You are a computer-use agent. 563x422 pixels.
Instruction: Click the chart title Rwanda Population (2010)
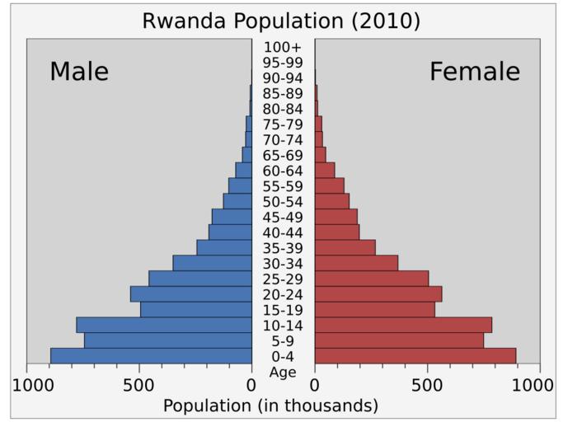pyautogui.click(x=281, y=21)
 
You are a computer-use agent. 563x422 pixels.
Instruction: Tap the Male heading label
pyautogui.click(x=79, y=72)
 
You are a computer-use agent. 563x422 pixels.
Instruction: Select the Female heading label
pyautogui.click(x=475, y=72)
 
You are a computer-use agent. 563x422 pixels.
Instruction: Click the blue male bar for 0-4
pyautogui.click(x=151, y=356)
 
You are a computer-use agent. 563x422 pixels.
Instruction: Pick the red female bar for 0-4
pyautogui.click(x=415, y=356)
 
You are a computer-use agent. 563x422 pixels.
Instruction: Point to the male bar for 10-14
pyautogui.click(x=164, y=325)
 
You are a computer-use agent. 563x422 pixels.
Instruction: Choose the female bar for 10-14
pyautogui.click(x=403, y=325)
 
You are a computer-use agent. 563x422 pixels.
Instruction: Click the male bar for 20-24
pyautogui.click(x=191, y=294)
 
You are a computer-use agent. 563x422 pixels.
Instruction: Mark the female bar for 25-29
pyautogui.click(x=371, y=279)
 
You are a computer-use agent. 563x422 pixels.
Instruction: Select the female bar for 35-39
pyautogui.click(x=345, y=247)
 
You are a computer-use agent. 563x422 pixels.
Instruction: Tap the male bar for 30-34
pyautogui.click(x=213, y=263)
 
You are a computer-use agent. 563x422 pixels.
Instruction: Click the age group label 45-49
pyautogui.click(x=283, y=217)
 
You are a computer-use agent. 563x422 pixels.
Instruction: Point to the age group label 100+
pyautogui.click(x=283, y=47)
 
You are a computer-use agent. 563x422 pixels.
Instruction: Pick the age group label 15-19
pyautogui.click(x=283, y=310)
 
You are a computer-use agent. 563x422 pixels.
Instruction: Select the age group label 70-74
pyautogui.click(x=283, y=139)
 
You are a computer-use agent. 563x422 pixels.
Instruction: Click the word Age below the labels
pyautogui.click(x=283, y=372)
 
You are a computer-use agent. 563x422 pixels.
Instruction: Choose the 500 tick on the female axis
pyautogui.click(x=427, y=385)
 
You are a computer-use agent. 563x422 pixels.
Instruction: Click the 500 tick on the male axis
pyautogui.click(x=138, y=385)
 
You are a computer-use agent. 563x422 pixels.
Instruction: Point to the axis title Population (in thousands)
pyautogui.click(x=270, y=406)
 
